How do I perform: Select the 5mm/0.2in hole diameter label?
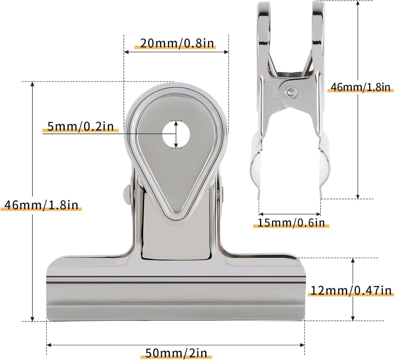click(80, 126)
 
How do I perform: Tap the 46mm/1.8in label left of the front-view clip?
click(41, 205)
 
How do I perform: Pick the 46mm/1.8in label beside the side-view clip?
click(360, 87)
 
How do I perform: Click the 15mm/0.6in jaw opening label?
click(291, 223)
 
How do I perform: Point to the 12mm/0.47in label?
click(351, 290)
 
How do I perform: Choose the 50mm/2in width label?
click(176, 353)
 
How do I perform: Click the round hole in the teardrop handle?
click(176, 134)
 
